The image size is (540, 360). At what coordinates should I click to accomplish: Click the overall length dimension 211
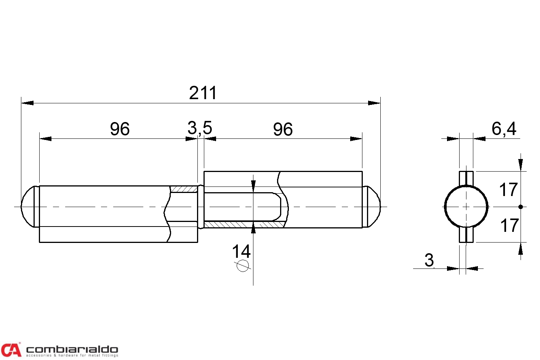click(203, 93)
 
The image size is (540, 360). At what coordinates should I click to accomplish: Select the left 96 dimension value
click(120, 129)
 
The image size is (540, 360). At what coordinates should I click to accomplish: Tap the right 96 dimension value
click(283, 129)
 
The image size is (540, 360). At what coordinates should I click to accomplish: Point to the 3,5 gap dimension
click(200, 128)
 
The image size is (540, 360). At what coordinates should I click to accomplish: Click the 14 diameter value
click(241, 251)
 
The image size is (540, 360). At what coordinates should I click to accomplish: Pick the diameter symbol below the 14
click(242, 266)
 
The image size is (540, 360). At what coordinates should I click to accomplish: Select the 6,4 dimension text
click(504, 129)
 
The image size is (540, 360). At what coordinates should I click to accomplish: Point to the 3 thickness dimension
click(429, 260)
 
